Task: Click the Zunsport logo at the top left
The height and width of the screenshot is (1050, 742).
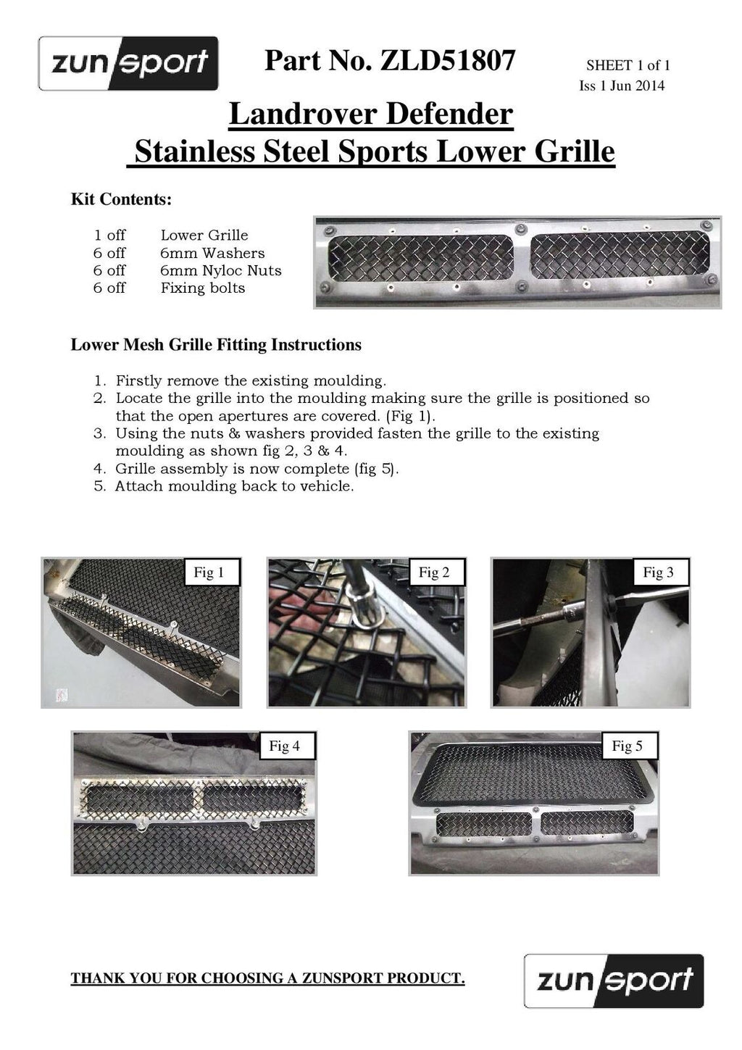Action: tap(128, 63)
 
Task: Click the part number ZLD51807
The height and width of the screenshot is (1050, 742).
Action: tap(448, 60)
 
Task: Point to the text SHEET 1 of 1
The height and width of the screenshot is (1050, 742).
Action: tap(628, 65)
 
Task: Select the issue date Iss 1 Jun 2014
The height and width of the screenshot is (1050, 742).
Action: tap(622, 86)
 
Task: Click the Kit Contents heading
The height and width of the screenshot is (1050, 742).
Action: tap(122, 199)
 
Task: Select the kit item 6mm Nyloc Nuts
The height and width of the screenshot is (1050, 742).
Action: tap(221, 270)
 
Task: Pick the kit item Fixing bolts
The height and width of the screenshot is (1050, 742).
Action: tap(203, 288)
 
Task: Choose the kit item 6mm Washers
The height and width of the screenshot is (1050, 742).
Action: tap(212, 253)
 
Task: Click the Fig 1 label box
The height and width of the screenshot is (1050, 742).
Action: tap(209, 572)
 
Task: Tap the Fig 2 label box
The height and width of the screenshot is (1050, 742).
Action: tap(434, 572)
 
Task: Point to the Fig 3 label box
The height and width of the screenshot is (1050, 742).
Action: tap(658, 572)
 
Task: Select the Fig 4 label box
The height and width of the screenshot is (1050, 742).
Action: tap(285, 746)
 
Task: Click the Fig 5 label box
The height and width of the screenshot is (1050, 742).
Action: tap(628, 746)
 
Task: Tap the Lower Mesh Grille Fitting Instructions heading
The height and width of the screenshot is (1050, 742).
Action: tap(216, 344)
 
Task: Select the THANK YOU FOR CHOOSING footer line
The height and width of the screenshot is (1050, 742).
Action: tap(267, 978)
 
